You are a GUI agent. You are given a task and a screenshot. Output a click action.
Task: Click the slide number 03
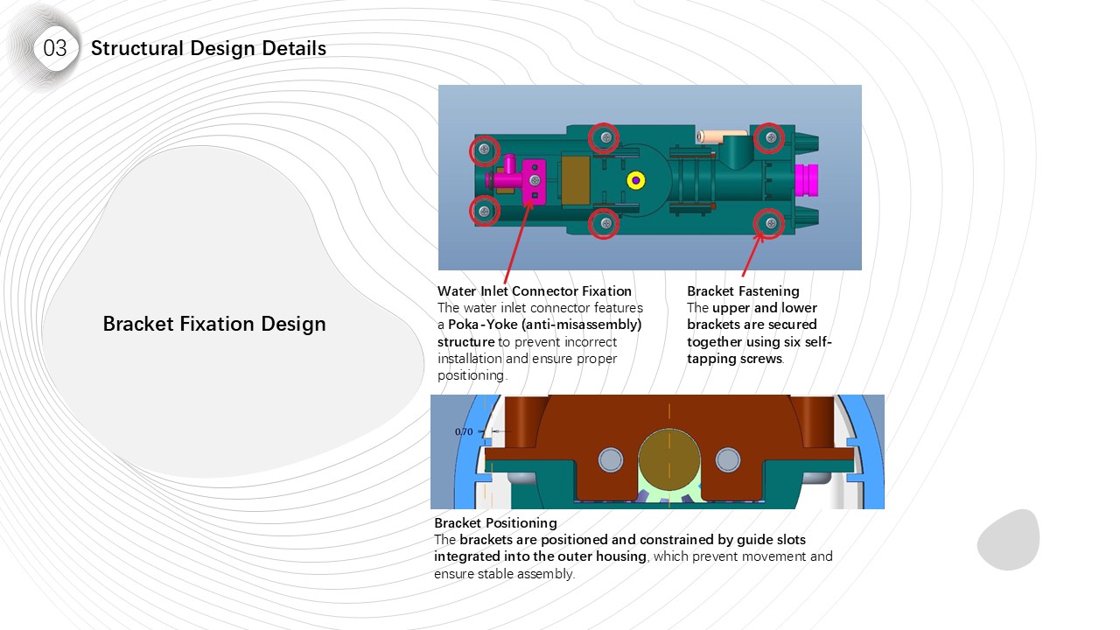(55, 48)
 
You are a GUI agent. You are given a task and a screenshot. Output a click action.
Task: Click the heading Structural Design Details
(208, 48)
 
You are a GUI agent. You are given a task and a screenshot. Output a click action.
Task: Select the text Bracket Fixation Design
(214, 324)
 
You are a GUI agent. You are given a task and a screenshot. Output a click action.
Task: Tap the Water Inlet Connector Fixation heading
(535, 290)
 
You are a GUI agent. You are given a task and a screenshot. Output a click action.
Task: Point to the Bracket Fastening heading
(743, 290)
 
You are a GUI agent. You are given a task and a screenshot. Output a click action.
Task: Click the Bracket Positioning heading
(495, 523)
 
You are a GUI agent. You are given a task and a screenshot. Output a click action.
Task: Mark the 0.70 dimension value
(464, 431)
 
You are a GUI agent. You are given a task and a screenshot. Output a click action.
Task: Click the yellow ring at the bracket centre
(636, 180)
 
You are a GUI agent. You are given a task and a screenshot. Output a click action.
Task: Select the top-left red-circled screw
(484, 150)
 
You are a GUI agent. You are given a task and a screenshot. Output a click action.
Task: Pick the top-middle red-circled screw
(604, 136)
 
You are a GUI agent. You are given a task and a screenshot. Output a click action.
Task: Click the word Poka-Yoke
(479, 325)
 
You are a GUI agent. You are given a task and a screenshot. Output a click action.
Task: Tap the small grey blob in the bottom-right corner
(1008, 539)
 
